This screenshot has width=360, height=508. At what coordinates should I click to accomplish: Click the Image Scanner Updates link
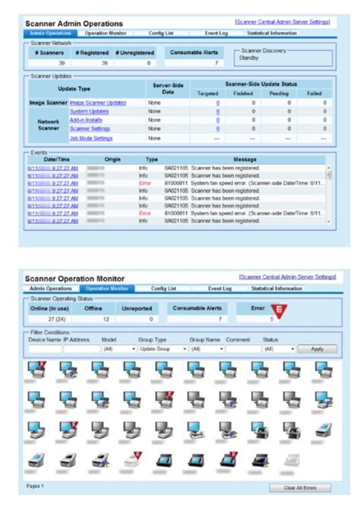[98, 102]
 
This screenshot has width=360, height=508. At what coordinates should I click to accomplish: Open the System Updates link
[90, 111]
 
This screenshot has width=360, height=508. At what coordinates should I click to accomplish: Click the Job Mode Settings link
[92, 138]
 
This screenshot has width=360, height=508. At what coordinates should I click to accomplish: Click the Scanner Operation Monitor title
[76, 279]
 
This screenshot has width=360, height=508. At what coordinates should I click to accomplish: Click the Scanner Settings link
[91, 129]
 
